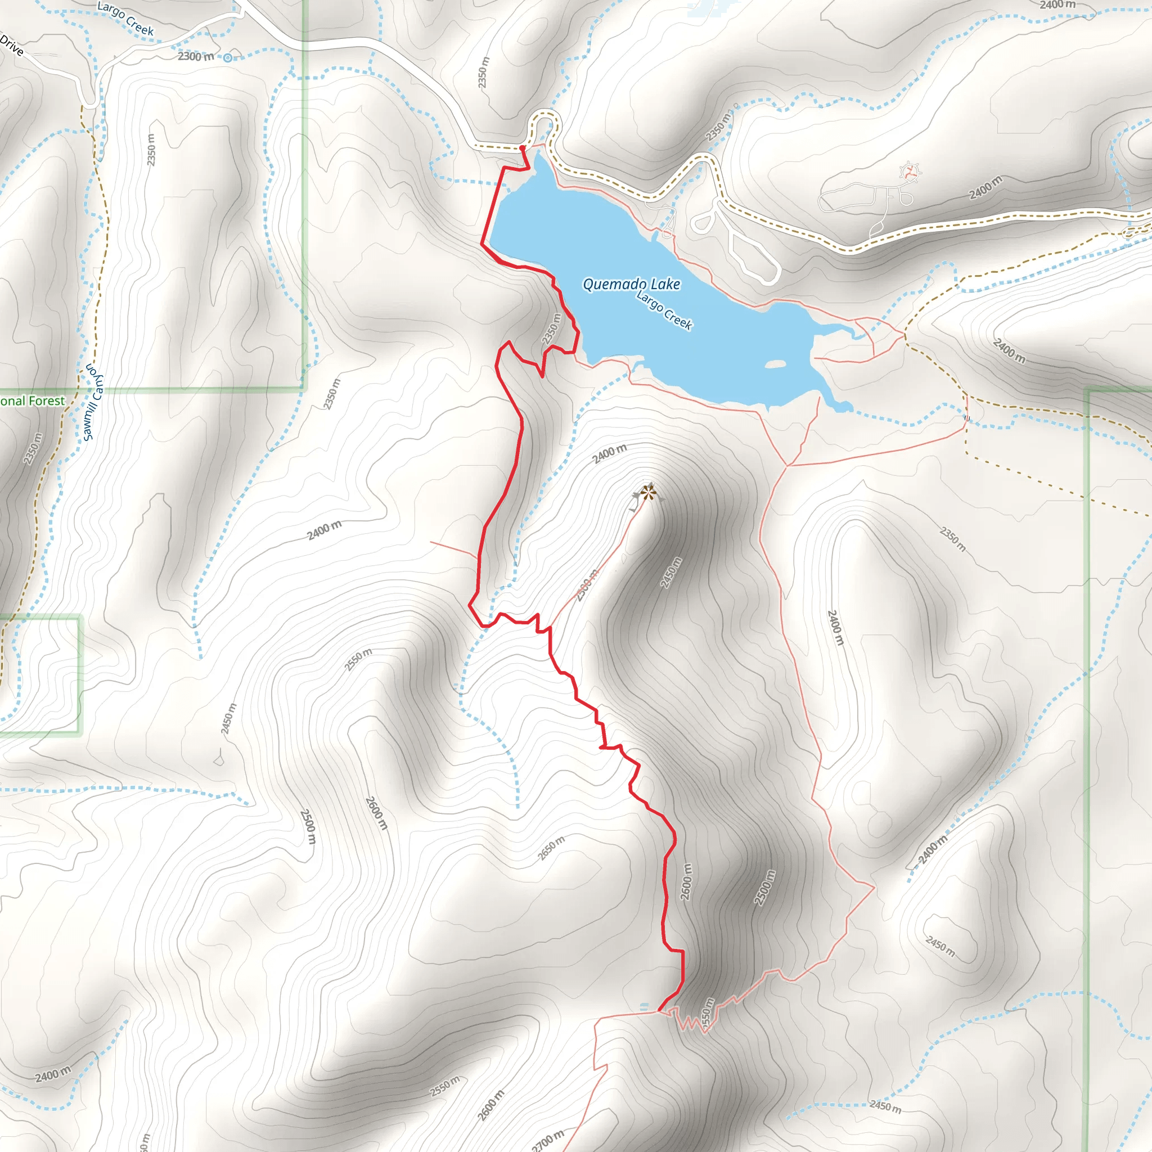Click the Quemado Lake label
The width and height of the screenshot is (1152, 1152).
pyautogui.click(x=631, y=285)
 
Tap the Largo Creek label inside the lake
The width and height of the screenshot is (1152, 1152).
pyautogui.click(x=664, y=310)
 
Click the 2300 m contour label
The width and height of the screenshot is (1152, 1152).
pyautogui.click(x=196, y=57)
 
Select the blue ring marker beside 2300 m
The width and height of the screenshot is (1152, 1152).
pyautogui.click(x=227, y=58)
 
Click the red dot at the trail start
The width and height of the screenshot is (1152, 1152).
pyautogui.click(x=523, y=148)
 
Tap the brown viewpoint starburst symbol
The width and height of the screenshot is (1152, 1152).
pyautogui.click(x=648, y=493)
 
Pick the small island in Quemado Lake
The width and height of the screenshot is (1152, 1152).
pyautogui.click(x=775, y=364)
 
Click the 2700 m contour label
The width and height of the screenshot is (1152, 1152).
pyautogui.click(x=547, y=1140)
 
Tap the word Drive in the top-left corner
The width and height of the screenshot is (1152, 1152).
pyautogui.click(x=12, y=46)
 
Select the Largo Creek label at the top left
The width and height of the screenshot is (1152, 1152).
pyautogui.click(x=125, y=19)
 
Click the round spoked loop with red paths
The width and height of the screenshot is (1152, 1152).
pyautogui.click(x=909, y=173)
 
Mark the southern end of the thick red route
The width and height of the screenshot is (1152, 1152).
pyautogui.click(x=659, y=1011)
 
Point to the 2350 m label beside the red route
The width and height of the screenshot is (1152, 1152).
pyautogui.click(x=552, y=328)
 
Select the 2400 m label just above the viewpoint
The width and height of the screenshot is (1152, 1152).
pyautogui.click(x=609, y=454)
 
